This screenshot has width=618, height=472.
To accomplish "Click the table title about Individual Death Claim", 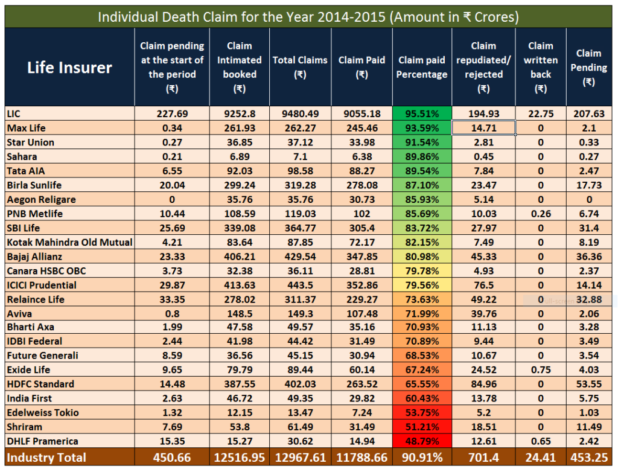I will coord(308,16).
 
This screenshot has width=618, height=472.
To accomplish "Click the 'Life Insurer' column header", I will coord(69,67).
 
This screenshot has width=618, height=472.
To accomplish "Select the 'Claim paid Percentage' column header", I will coord(422,67).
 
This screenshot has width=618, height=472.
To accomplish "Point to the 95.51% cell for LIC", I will coord(422,113).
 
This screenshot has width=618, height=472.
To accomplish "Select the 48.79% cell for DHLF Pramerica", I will coord(422,441).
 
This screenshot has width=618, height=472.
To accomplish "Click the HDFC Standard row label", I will coord(40,384).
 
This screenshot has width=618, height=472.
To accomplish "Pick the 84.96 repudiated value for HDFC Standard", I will coord(483,384).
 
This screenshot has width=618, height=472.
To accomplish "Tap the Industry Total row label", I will coord(46,458).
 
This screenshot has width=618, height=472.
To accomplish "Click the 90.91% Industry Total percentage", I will coord(422,458).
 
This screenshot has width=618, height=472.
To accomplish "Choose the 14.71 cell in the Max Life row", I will coord(483,128).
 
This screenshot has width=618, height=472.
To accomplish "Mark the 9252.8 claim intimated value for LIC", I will coord(239,113).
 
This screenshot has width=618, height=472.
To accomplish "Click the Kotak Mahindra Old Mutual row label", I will coord(69,241).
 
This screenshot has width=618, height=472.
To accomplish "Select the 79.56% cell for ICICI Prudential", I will coord(422,285).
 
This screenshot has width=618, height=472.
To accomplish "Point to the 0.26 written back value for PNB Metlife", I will coord(540,213).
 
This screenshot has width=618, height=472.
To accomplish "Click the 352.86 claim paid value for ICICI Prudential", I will coord(362,285).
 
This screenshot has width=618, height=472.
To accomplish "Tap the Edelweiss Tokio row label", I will coord(42,413).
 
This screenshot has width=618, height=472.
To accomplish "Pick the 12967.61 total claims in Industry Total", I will coord(300,458).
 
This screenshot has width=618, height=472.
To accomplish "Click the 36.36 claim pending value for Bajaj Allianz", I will coord(588,256).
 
